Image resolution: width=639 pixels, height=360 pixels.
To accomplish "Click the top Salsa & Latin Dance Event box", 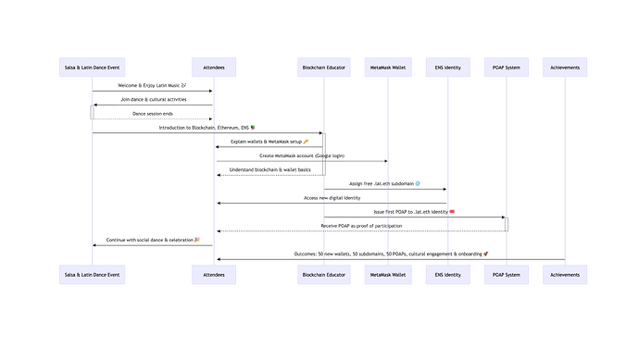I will click(x=91, y=67).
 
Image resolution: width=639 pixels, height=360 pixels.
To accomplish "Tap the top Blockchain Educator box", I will click(x=323, y=67).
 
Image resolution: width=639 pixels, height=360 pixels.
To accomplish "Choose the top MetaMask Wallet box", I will click(x=387, y=67).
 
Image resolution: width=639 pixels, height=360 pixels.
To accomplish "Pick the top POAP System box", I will click(x=506, y=67).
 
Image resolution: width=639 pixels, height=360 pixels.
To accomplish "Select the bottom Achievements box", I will click(x=565, y=274).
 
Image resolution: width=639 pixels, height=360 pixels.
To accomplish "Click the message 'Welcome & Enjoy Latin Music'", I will click(x=152, y=85).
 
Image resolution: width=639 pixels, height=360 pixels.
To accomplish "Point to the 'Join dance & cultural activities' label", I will click(x=152, y=99).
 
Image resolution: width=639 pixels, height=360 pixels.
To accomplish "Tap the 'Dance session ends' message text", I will click(x=152, y=113).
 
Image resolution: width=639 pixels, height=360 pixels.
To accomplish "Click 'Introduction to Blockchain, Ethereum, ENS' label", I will click(x=207, y=127).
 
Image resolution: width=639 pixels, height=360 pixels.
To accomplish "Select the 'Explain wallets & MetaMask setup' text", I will click(x=269, y=141).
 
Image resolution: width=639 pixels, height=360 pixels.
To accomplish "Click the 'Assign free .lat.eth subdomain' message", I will click(x=384, y=183).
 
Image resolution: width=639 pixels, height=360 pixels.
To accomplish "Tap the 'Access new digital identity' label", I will click(x=331, y=197).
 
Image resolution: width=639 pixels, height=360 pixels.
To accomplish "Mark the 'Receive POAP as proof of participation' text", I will click(x=360, y=225).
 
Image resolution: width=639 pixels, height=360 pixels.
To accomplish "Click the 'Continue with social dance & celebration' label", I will click(x=152, y=240).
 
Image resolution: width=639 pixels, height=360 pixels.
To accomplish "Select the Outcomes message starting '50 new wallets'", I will click(x=389, y=254).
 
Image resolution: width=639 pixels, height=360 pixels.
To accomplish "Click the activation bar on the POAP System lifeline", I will click(x=506, y=224).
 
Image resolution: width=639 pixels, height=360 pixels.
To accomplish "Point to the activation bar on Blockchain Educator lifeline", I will click(x=323, y=154).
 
